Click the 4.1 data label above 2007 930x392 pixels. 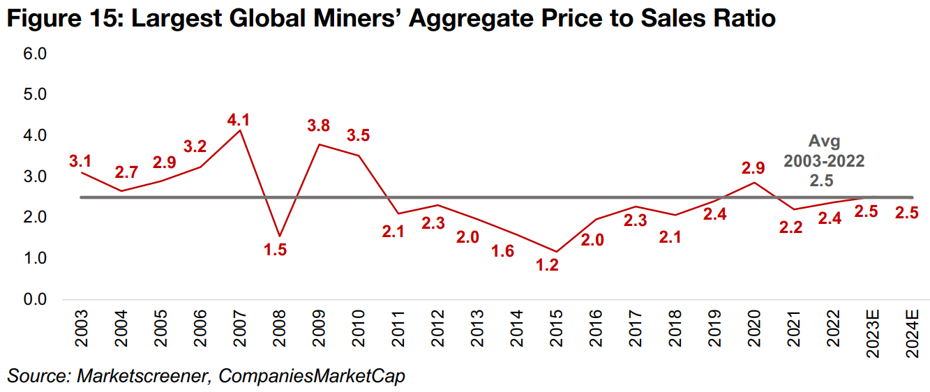(238, 120)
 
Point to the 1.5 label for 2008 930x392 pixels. (276, 249)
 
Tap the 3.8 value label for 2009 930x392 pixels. (318, 126)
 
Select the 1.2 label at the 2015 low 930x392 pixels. (547, 265)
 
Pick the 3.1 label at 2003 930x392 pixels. (80, 161)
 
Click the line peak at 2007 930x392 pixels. (240, 130)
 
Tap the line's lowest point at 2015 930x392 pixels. (556, 251)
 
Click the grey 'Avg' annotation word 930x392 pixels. (824, 142)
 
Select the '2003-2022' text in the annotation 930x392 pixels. (824, 161)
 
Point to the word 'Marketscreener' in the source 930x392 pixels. (141, 375)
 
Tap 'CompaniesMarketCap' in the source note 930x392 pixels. (312, 375)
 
